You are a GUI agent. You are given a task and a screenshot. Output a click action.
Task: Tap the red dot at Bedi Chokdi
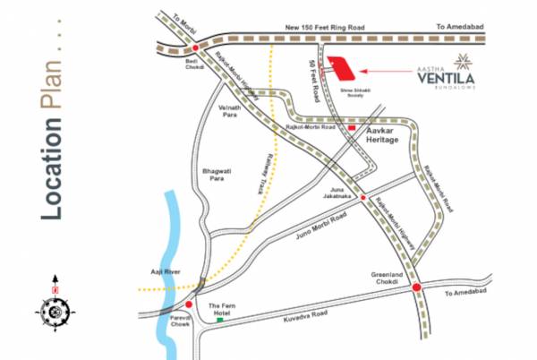(x=195, y=48)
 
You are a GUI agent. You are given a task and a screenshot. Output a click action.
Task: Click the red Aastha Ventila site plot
(x=342, y=68)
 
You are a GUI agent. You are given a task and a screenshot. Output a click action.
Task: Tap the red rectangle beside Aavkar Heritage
(x=352, y=129)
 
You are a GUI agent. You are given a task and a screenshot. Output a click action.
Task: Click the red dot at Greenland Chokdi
(x=417, y=287)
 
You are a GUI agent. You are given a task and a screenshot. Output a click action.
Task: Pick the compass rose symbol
(x=55, y=308)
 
